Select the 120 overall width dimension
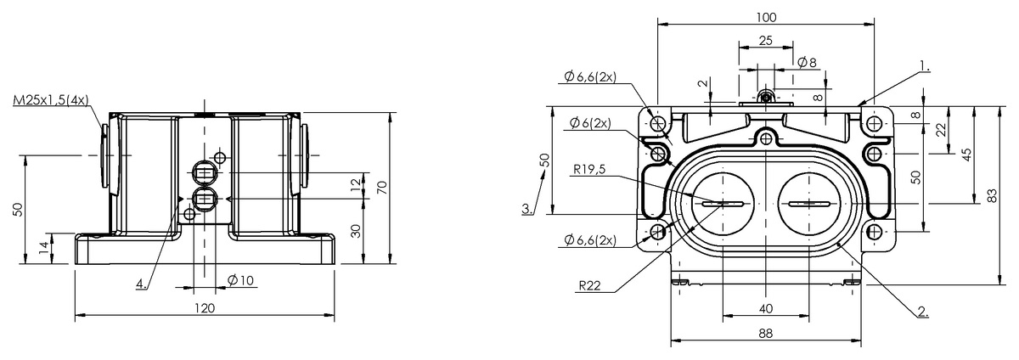[205, 307]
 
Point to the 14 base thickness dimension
[42, 247]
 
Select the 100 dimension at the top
[767, 16]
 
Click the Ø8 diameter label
[808, 62]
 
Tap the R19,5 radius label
[589, 168]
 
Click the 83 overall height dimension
[992, 195]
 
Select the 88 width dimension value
[765, 334]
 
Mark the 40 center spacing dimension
[766, 307]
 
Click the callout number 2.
[923, 312]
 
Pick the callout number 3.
[527, 208]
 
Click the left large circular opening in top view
[722, 204]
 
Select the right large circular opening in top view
[809, 204]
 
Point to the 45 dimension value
[966, 155]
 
